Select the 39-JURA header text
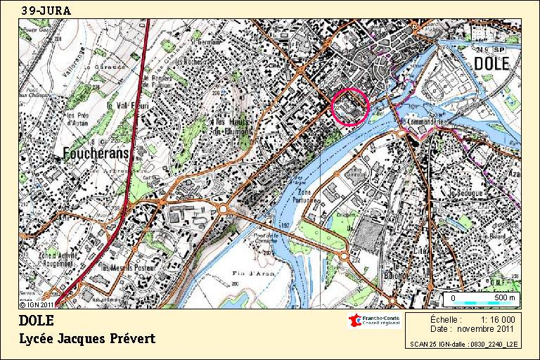pyautogui.click(x=46, y=11)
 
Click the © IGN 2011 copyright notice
pyautogui.click(x=37, y=304)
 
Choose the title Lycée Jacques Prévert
pyautogui.click(x=87, y=339)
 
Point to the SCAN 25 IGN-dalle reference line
pyautogui.click(x=464, y=345)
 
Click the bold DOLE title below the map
pyautogui.click(x=37, y=321)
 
